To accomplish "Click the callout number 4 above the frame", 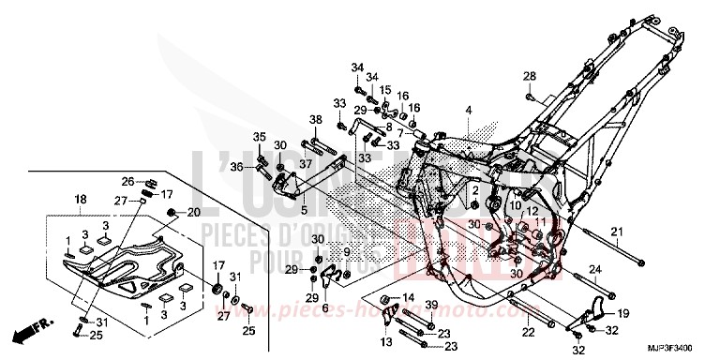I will (x=466, y=111).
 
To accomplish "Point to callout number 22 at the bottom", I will (x=528, y=331).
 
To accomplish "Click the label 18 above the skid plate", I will (x=80, y=199).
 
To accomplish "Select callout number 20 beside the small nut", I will (x=195, y=213).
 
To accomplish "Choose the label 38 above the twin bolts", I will (x=316, y=119).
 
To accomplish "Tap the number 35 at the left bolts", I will (x=260, y=138).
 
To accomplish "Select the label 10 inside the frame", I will (x=516, y=204).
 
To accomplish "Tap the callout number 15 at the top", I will (x=384, y=90).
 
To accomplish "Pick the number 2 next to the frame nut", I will (x=475, y=190).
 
